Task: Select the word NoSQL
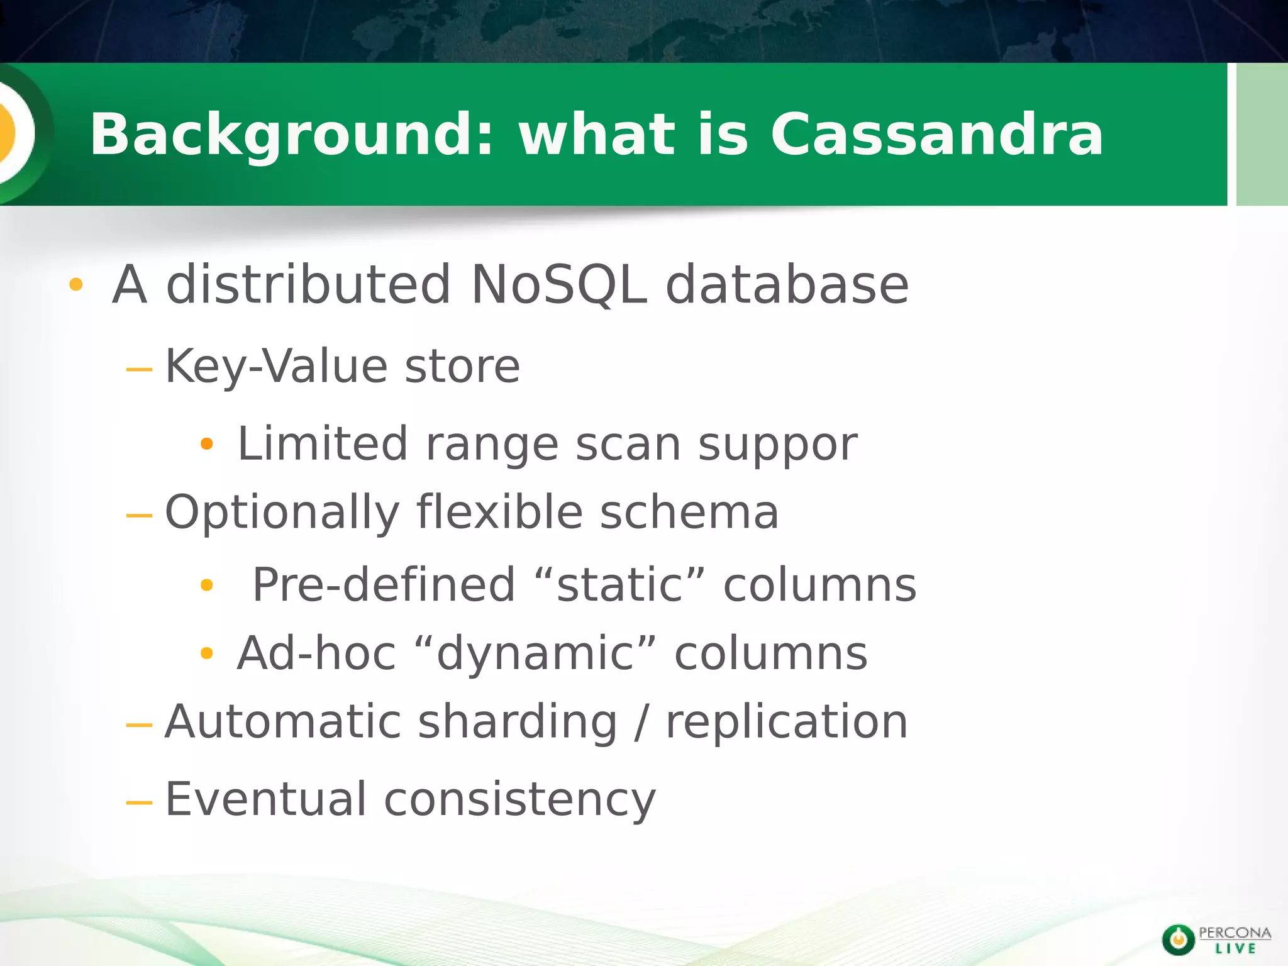click(x=558, y=285)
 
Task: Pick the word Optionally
click(x=282, y=513)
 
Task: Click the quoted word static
click(x=619, y=585)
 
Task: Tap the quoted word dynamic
click(x=535, y=654)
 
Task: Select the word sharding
click(x=517, y=722)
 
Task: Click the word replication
click(x=786, y=722)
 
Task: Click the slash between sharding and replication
click(x=641, y=722)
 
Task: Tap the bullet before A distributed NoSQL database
click(x=76, y=285)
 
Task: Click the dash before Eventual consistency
click(x=139, y=802)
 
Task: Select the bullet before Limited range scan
click(x=207, y=445)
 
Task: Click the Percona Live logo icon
click(x=1178, y=940)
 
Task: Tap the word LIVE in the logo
click(x=1235, y=948)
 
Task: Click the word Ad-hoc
click(x=316, y=654)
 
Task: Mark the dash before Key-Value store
click(x=139, y=369)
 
